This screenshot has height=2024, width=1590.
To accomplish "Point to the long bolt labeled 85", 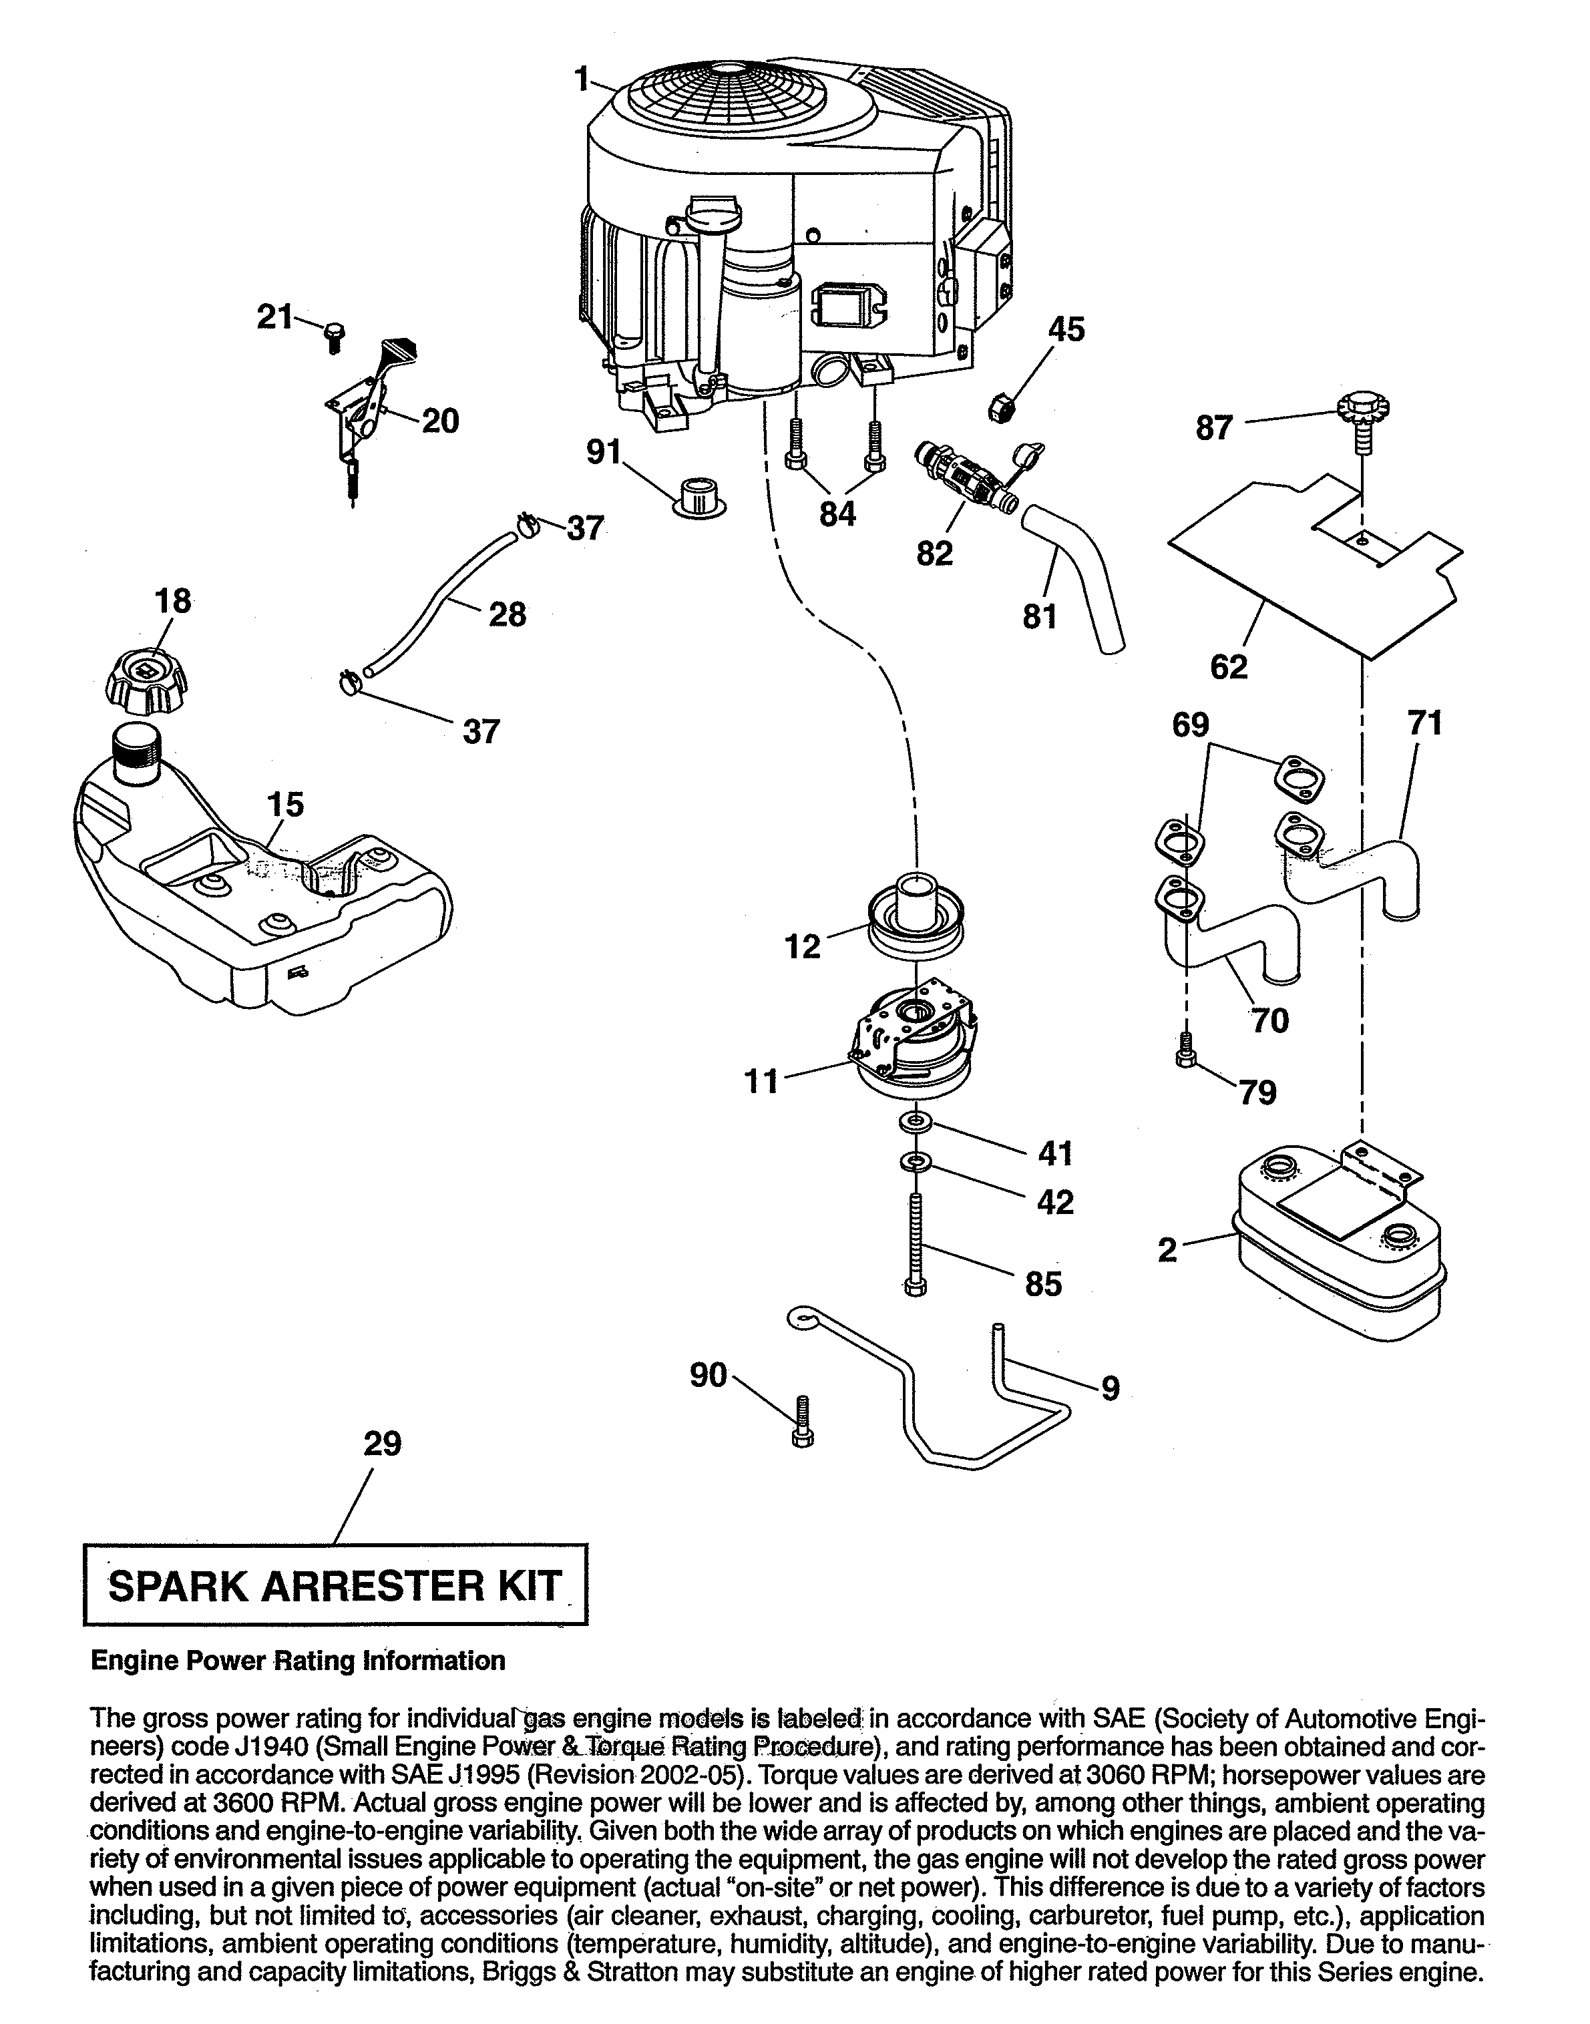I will tap(915, 1243).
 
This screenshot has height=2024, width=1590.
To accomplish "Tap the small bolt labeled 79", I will tap(1185, 1050).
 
